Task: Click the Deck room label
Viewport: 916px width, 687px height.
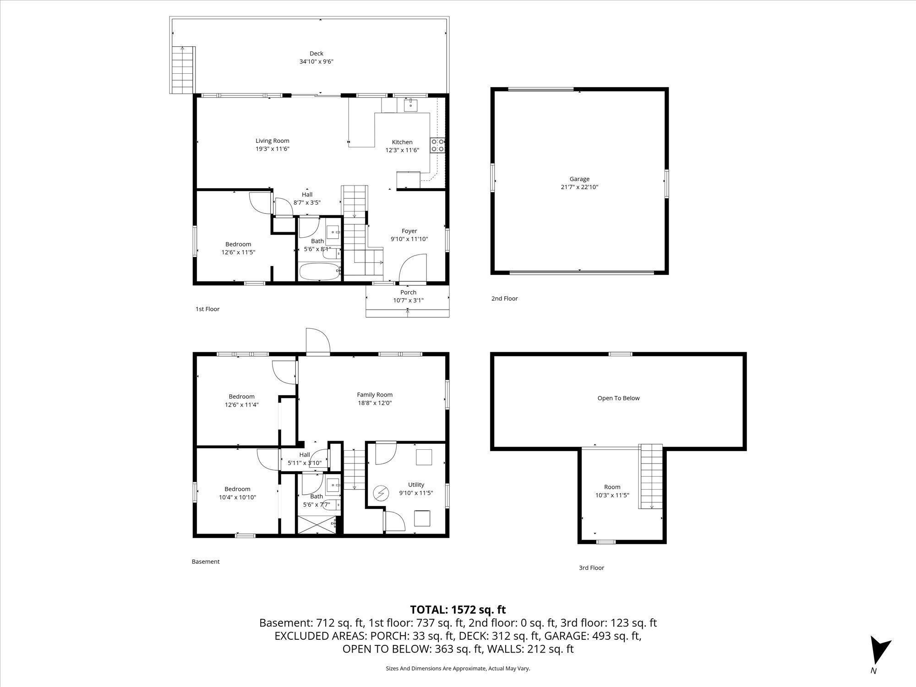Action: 316,54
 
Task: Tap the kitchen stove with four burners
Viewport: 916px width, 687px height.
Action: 437,145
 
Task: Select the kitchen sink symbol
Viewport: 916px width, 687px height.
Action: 411,105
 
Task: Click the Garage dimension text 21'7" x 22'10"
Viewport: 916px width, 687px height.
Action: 579,187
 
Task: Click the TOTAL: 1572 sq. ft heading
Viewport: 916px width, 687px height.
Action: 458,610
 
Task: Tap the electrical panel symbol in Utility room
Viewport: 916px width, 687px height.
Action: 380,493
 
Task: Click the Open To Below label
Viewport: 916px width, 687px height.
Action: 618,398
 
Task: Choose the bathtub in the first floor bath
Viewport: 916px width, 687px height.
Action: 320,271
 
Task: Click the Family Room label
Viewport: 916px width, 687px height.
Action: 375,395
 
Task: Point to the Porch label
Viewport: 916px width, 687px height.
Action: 408,292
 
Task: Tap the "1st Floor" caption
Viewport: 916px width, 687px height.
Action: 207,309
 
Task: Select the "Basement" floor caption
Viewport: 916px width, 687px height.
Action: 206,562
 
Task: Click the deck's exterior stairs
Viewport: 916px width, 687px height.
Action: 182,70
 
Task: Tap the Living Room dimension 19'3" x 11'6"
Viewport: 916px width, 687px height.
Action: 273,149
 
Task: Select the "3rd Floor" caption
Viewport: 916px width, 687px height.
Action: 591,568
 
